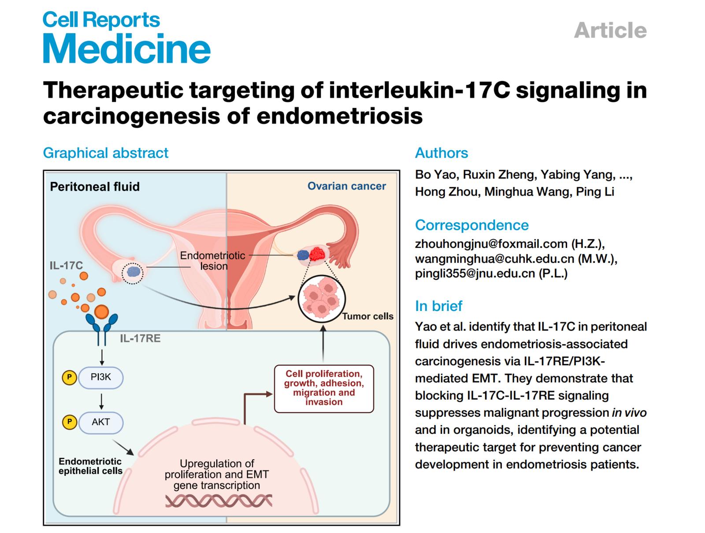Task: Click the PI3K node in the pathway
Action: click(x=101, y=378)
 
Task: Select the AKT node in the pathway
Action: click(x=101, y=422)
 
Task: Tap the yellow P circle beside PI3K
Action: click(x=69, y=378)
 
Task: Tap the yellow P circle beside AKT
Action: click(x=69, y=422)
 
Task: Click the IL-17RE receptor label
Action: click(x=140, y=338)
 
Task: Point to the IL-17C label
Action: click(x=66, y=265)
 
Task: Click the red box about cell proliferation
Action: click(x=324, y=388)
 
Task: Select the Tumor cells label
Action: click(x=367, y=316)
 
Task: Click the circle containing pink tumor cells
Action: click(x=322, y=298)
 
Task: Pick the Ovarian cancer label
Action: click(x=346, y=186)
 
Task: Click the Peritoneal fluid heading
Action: click(x=95, y=186)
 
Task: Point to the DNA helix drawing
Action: click(x=219, y=501)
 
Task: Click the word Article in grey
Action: click(x=610, y=30)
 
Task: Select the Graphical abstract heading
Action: click(x=106, y=153)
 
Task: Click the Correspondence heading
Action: click(x=471, y=225)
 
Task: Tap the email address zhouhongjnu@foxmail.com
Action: click(x=491, y=244)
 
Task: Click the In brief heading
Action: click(x=438, y=306)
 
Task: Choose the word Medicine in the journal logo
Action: click(x=127, y=49)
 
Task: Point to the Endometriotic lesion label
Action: click(x=213, y=261)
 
